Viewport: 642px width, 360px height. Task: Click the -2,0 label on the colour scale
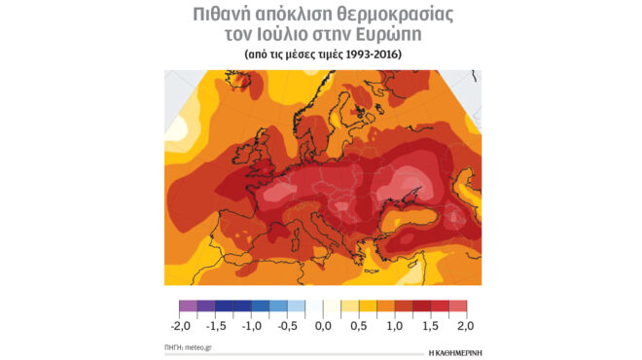[x=178, y=326]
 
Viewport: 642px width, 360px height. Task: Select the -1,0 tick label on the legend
[x=251, y=326]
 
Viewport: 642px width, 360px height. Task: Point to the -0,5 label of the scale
[x=288, y=326]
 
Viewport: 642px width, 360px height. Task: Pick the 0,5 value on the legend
[x=358, y=326]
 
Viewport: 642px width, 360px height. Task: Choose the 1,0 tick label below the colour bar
[x=394, y=326]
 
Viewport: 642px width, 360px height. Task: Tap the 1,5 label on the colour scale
[x=430, y=326]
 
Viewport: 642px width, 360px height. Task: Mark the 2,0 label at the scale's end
[x=465, y=326]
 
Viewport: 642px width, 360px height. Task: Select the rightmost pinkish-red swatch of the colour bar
[x=458, y=306]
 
